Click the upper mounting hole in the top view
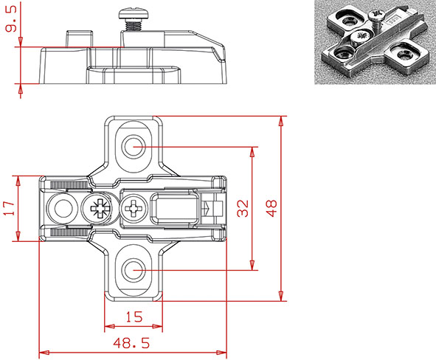click(x=134, y=146)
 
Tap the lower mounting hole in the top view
click(x=134, y=270)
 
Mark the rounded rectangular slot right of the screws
click(x=174, y=208)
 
